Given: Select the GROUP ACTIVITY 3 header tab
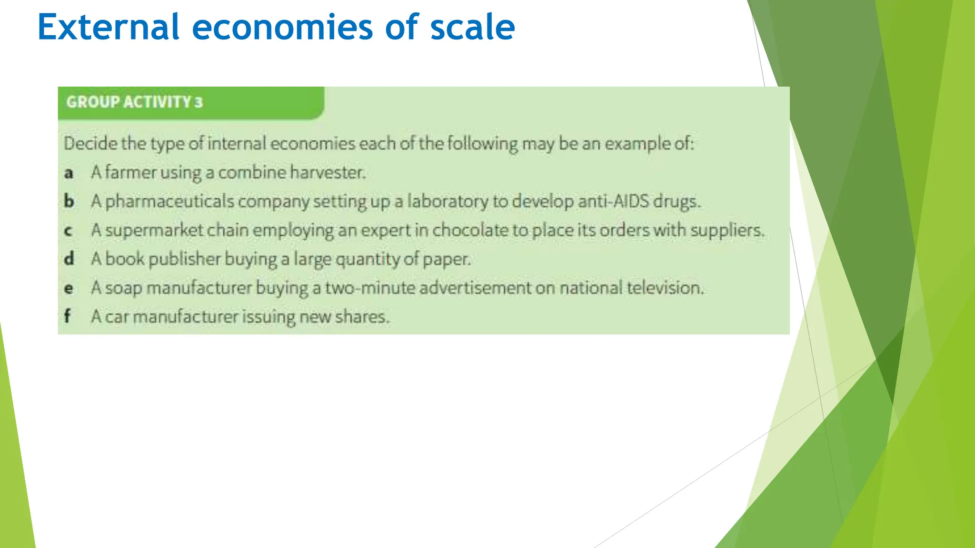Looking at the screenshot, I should click(x=135, y=102).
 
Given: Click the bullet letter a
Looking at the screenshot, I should click(x=69, y=173).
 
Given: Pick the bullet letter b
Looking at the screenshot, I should click(x=69, y=201).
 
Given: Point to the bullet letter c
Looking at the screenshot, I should click(x=69, y=231).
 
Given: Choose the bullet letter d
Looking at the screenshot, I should click(x=69, y=259).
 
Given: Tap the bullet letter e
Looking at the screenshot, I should click(x=69, y=288).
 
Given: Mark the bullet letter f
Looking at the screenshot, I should click(x=68, y=316).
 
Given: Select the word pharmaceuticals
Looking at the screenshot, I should click(x=169, y=202).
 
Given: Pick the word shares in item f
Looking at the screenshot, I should click(x=362, y=317).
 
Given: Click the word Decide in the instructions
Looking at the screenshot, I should click(x=90, y=143).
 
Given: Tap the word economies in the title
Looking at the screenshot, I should click(x=282, y=27).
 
